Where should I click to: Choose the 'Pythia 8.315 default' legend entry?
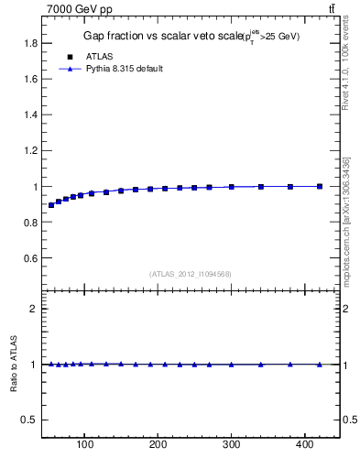(x=124, y=69)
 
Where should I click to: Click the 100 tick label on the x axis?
(x=85, y=445)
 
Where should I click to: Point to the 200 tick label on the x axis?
(x=158, y=445)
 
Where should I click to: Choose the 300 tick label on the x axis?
(x=231, y=445)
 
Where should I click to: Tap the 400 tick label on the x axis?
(x=304, y=445)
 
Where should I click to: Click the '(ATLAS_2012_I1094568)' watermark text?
(x=191, y=274)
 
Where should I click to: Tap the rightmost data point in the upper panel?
(x=319, y=186)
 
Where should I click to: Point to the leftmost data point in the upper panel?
(x=51, y=205)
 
